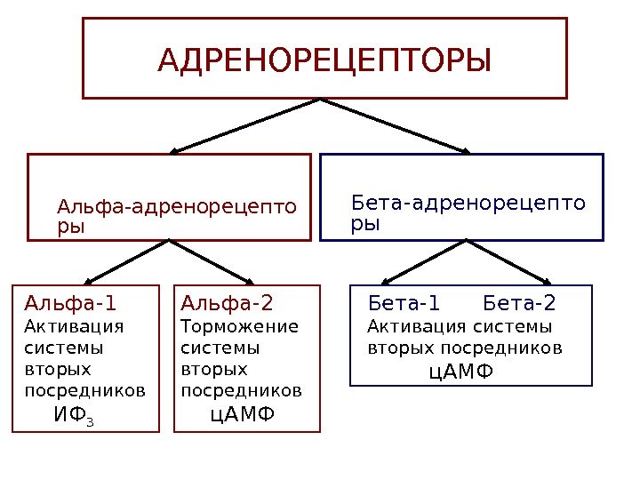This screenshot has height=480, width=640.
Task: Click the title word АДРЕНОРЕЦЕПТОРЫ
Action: click(x=324, y=61)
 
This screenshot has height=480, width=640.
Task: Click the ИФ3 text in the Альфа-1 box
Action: click(x=74, y=414)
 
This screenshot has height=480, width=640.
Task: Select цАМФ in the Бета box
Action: click(x=460, y=370)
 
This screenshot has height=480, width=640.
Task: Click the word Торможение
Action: click(x=240, y=325)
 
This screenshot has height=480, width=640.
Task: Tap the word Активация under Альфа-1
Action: click(x=74, y=325)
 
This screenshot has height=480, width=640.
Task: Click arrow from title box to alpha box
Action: click(x=244, y=125)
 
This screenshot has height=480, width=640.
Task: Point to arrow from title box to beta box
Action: click(x=397, y=125)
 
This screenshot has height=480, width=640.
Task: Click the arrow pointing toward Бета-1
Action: click(x=418, y=261)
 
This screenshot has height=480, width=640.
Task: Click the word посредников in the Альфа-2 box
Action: click(x=241, y=390)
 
